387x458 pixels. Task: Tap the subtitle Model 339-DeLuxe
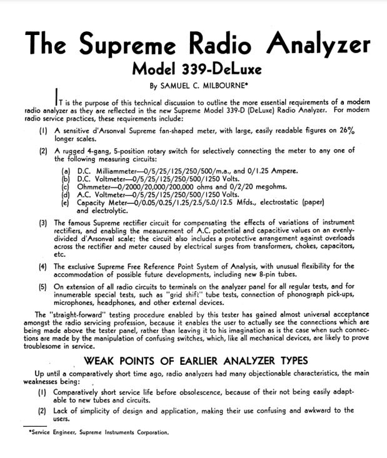tap(193, 68)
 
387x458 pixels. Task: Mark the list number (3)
tap(43, 223)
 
